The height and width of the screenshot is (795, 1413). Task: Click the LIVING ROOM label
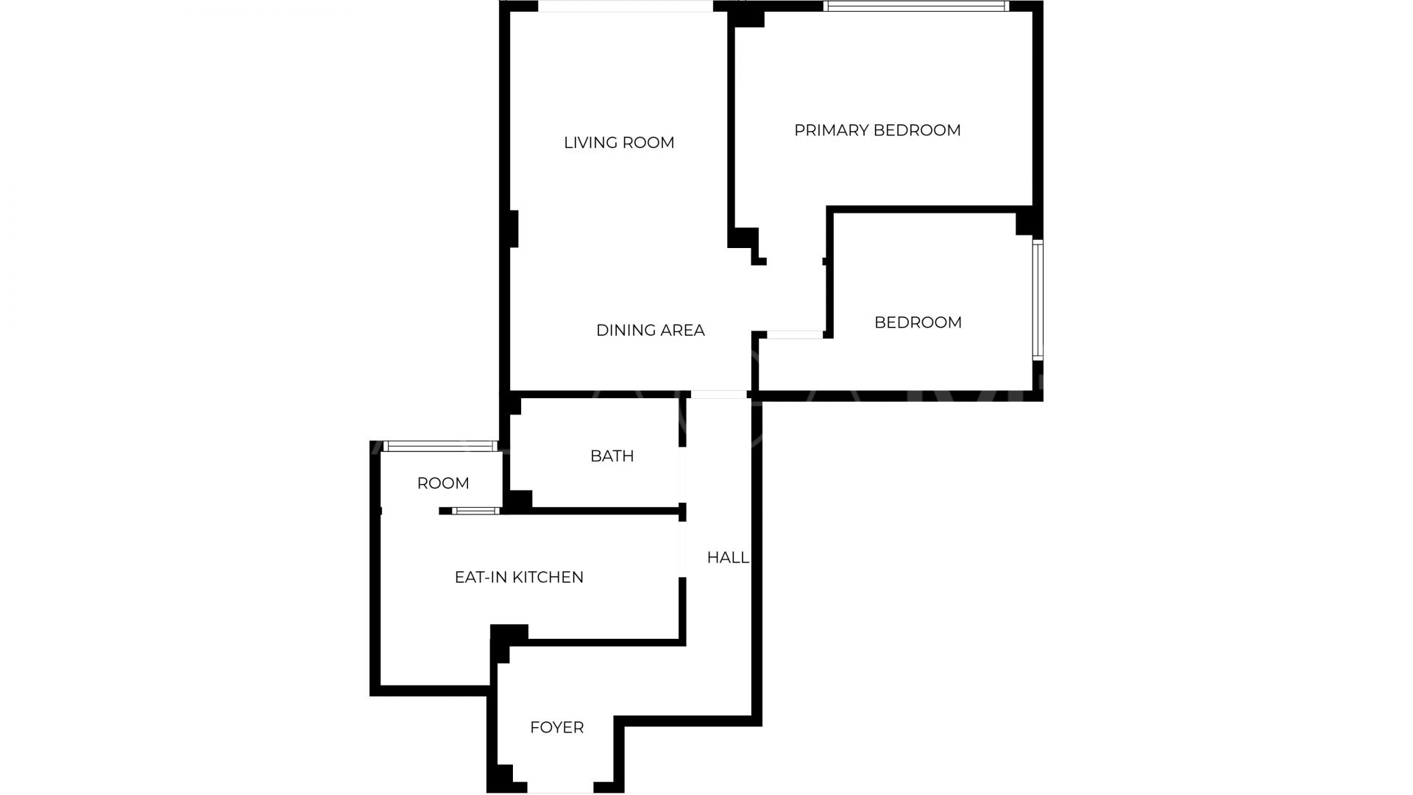click(x=619, y=143)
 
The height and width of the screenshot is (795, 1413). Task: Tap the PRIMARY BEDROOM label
click(x=877, y=130)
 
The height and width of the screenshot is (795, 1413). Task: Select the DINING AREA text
click(x=650, y=331)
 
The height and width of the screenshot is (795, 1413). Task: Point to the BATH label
click(x=612, y=456)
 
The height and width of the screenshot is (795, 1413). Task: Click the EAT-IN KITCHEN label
click(x=519, y=578)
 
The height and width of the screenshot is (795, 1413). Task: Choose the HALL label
click(x=727, y=558)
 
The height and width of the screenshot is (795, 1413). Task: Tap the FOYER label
click(x=556, y=728)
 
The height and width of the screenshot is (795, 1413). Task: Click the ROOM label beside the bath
click(x=442, y=484)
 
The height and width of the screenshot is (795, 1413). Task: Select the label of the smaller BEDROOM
click(x=918, y=322)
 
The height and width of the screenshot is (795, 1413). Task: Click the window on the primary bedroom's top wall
click(x=915, y=7)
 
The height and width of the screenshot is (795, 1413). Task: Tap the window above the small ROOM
click(x=440, y=446)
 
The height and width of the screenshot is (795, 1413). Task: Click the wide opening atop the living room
click(x=626, y=7)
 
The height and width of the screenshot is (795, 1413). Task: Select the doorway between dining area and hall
click(x=718, y=395)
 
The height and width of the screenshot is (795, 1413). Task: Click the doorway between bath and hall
click(x=682, y=474)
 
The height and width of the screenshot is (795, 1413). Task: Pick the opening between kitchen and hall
click(x=682, y=548)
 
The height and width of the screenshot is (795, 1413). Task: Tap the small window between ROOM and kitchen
click(x=475, y=511)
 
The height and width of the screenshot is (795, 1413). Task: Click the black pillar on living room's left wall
click(x=514, y=229)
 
